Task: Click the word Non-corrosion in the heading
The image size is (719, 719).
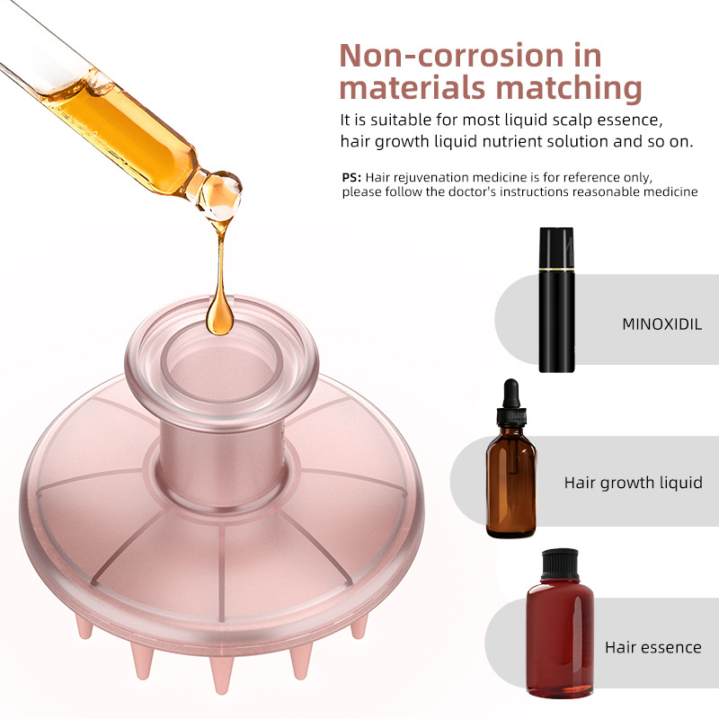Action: coord(452,56)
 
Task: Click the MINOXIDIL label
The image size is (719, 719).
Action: coord(661,324)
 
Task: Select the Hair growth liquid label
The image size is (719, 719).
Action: coord(633,483)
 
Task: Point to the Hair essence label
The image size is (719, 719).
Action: coord(653,647)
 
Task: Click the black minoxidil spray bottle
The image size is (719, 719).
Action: coord(556,299)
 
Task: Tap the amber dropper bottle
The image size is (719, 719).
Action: coord(510,458)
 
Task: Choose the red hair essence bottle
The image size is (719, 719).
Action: coord(560,624)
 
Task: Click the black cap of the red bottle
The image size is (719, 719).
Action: coord(560,564)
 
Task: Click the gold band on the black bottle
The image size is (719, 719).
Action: coord(556,269)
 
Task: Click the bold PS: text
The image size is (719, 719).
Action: coord(351,177)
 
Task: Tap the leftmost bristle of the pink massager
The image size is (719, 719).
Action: coord(84,627)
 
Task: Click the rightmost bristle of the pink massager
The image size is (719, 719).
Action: coord(359,626)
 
